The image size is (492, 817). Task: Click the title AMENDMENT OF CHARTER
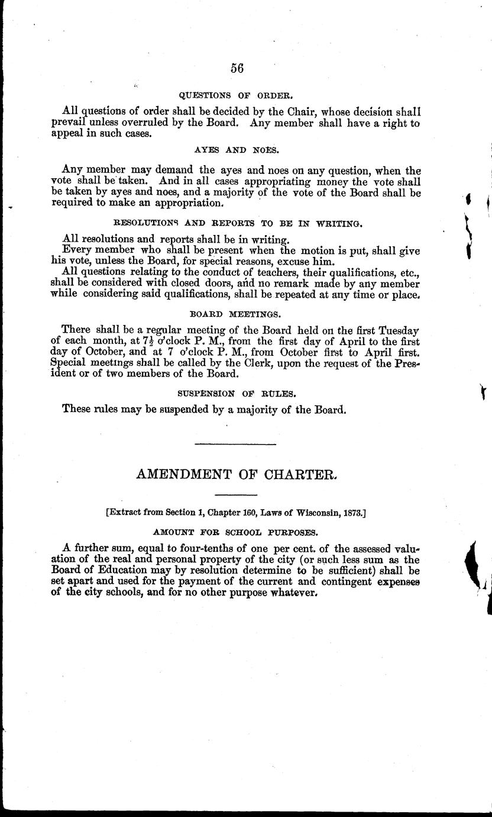tap(237, 474)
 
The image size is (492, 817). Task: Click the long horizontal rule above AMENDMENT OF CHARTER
tap(235, 443)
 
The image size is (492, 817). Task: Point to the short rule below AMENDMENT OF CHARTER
tap(235, 494)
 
